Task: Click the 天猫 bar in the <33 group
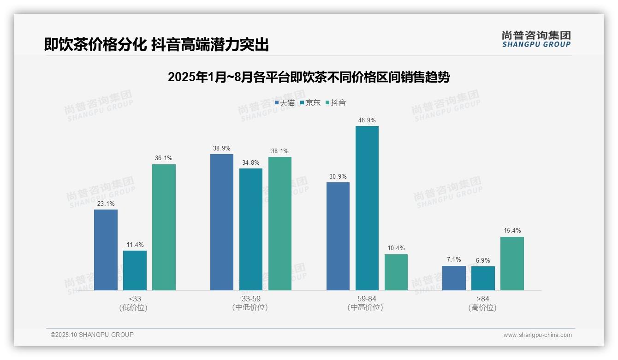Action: click(x=106, y=250)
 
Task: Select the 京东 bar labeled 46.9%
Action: click(x=367, y=208)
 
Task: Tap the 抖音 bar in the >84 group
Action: click(x=512, y=264)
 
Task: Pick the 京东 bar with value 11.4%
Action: click(x=135, y=270)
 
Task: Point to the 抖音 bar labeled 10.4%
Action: click(x=396, y=272)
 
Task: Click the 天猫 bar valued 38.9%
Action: click(x=222, y=222)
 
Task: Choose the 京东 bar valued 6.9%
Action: click(x=483, y=278)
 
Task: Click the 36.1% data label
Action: click(x=164, y=158)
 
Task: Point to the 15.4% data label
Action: click(x=512, y=231)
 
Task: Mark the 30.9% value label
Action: click(x=338, y=176)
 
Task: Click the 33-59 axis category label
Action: click(x=250, y=299)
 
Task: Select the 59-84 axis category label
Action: click(x=367, y=299)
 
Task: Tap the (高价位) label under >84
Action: click(x=482, y=307)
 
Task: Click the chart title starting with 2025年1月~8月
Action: click(x=309, y=77)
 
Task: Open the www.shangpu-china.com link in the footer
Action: click(x=537, y=335)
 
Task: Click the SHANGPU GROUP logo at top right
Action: click(x=536, y=39)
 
